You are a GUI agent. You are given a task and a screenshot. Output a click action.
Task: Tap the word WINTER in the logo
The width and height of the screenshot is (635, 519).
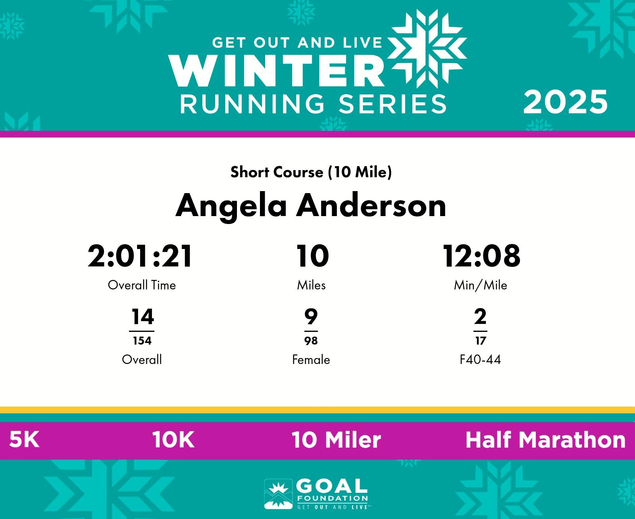click(x=276, y=71)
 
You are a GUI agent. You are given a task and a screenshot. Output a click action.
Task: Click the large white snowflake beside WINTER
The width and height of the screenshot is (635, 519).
click(x=427, y=49)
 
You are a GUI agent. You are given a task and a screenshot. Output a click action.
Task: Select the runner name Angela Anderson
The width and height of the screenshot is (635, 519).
click(x=311, y=206)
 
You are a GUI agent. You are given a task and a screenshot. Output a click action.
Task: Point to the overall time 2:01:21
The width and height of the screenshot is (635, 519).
click(x=140, y=256)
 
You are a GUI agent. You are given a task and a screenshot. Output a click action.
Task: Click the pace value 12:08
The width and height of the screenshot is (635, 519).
click(x=481, y=256)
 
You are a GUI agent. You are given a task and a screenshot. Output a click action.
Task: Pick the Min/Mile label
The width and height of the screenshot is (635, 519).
click(x=481, y=285)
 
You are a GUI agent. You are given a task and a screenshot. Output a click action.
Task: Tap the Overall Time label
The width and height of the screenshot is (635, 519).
click(x=142, y=285)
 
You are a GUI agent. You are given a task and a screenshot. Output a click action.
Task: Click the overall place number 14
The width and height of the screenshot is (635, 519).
click(x=143, y=316)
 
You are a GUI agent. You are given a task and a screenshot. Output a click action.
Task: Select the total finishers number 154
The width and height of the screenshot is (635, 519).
click(x=142, y=341)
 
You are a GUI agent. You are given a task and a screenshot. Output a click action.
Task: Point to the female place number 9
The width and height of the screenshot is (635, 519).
click(x=311, y=316)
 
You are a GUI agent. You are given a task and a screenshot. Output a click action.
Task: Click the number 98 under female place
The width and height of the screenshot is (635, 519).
click(x=311, y=341)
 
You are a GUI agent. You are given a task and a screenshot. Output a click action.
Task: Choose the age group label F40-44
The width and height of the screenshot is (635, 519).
click(x=480, y=360)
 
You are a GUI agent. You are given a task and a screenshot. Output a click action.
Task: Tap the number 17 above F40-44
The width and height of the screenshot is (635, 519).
click(x=481, y=341)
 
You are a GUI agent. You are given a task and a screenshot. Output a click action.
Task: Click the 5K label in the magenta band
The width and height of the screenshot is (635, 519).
click(x=24, y=440)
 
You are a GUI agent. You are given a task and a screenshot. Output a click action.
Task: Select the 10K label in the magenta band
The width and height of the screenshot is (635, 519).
click(x=173, y=440)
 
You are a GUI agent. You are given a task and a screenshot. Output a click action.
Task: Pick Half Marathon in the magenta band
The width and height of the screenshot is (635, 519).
click(x=546, y=440)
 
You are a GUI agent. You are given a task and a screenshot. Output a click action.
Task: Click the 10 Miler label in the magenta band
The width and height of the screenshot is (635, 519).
click(x=336, y=440)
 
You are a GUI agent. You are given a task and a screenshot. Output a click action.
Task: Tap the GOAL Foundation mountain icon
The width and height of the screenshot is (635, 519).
click(x=278, y=494)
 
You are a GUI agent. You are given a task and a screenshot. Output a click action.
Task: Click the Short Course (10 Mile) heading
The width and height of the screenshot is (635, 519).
click(x=311, y=172)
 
